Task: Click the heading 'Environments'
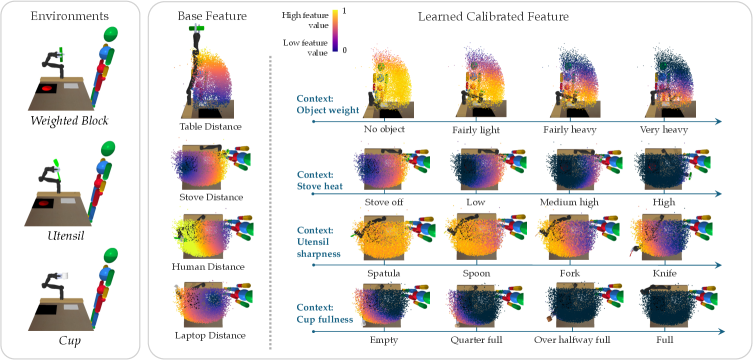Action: click(70, 16)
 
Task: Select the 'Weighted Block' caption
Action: click(70, 121)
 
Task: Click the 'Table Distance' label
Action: click(210, 126)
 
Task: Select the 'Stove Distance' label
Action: click(210, 197)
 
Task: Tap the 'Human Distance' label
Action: click(210, 266)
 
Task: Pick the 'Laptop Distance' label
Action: click(210, 335)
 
